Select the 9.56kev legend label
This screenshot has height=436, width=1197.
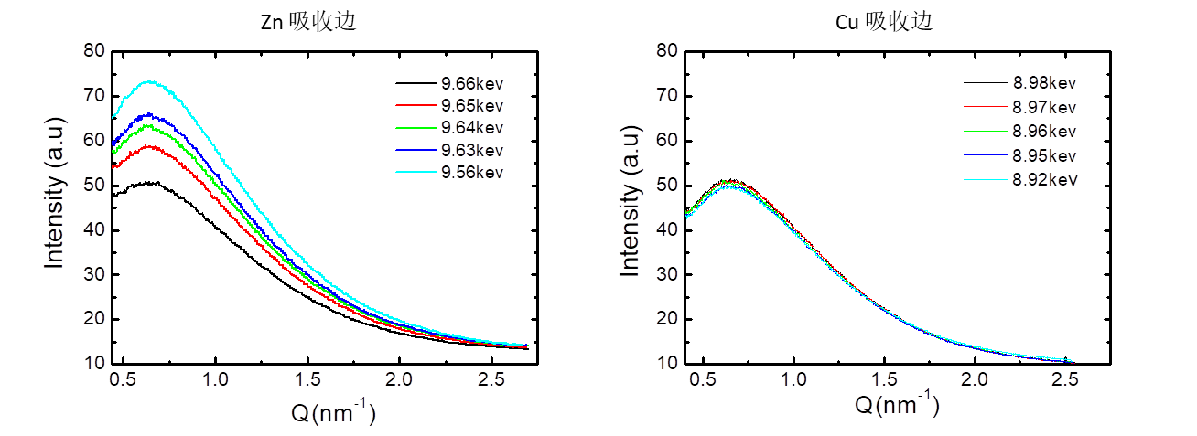pyautogui.click(x=472, y=172)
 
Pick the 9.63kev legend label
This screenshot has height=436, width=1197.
pyautogui.click(x=472, y=149)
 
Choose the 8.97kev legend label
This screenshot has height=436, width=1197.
pyautogui.click(x=1044, y=108)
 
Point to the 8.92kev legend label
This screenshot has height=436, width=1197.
pyautogui.click(x=1044, y=179)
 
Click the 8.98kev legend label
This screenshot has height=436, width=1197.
pyautogui.click(x=1044, y=83)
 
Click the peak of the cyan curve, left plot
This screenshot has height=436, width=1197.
pyautogui.click(x=149, y=81)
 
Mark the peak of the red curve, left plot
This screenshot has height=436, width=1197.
pyautogui.click(x=149, y=146)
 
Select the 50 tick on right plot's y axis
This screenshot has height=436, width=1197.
pyautogui.click(x=668, y=184)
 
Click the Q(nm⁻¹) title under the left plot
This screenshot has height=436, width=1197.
pyautogui.click(x=333, y=412)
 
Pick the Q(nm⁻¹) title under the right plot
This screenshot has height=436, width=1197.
pyautogui.click(x=898, y=404)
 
